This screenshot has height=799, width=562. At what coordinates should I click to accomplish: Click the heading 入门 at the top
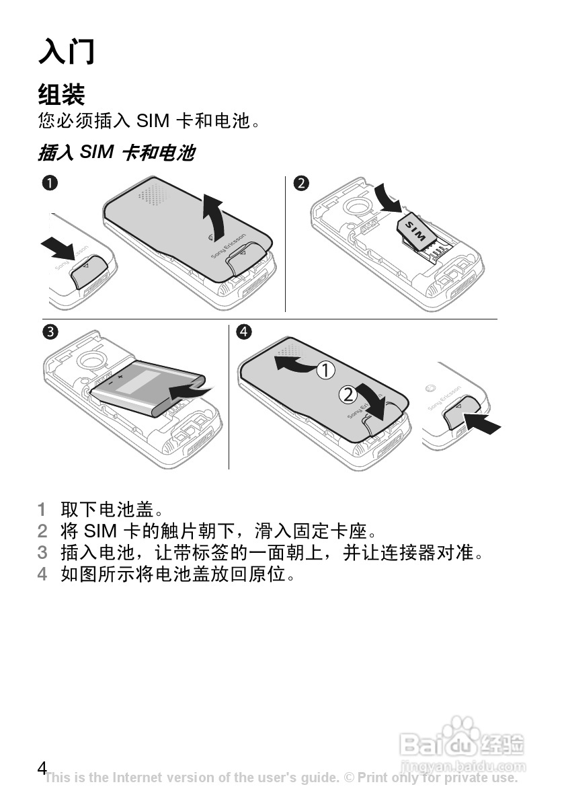67,52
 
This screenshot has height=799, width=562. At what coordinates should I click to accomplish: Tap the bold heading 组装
62,94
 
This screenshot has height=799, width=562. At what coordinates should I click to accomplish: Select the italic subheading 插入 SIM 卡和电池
117,153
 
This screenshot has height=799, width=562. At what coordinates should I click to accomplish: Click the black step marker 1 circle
50,183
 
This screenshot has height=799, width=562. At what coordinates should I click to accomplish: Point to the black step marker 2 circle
301,183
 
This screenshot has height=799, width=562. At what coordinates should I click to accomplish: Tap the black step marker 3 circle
50,332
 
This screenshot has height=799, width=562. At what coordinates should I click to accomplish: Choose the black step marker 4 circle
244,332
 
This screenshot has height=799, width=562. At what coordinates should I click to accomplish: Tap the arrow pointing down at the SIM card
389,200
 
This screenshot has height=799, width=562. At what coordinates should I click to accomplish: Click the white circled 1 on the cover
325,370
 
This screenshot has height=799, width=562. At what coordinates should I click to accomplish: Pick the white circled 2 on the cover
348,394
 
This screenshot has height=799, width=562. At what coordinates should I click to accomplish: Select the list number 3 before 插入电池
42,552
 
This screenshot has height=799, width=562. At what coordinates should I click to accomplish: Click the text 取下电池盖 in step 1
107,509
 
